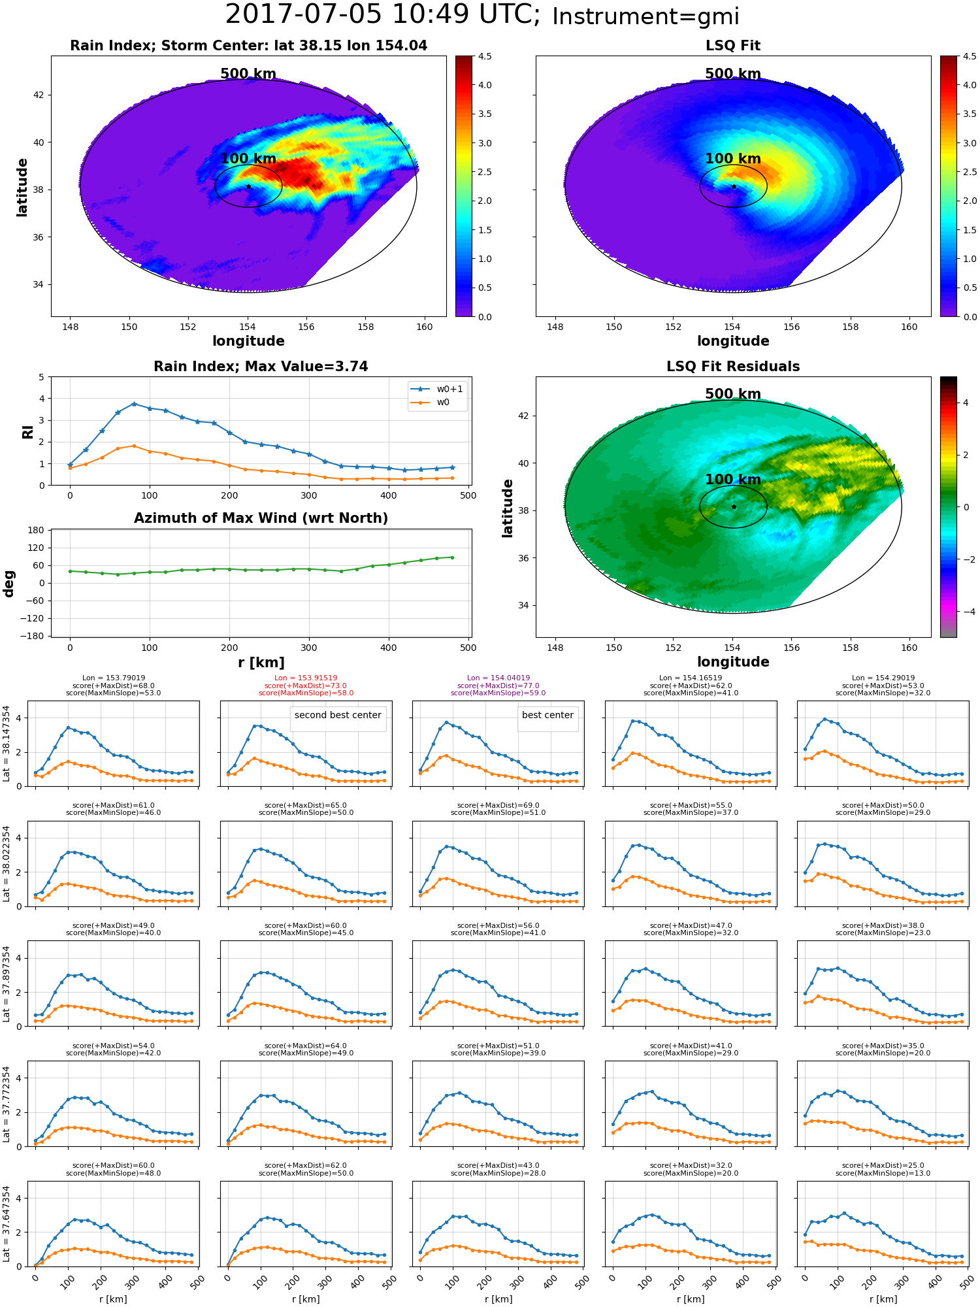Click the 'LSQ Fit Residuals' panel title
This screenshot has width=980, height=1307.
[733, 367]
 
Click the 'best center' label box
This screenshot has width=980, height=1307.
[547, 716]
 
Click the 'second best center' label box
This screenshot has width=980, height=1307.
[338, 716]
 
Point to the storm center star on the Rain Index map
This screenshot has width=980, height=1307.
[248, 186]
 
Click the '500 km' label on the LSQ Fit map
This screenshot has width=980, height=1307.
[733, 74]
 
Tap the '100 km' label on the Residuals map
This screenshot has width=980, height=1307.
[733, 480]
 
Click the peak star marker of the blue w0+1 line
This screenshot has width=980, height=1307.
[134, 404]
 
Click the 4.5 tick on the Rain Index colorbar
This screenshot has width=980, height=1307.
[485, 56]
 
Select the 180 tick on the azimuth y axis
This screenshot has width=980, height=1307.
[37, 530]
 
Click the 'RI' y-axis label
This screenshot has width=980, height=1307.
[28, 431]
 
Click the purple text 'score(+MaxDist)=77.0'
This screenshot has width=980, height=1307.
[498, 686]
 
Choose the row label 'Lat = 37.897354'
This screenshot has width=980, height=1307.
[7, 984]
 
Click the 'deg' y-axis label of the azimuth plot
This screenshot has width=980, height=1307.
[9, 584]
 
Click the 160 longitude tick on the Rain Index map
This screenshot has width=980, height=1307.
[425, 327]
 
